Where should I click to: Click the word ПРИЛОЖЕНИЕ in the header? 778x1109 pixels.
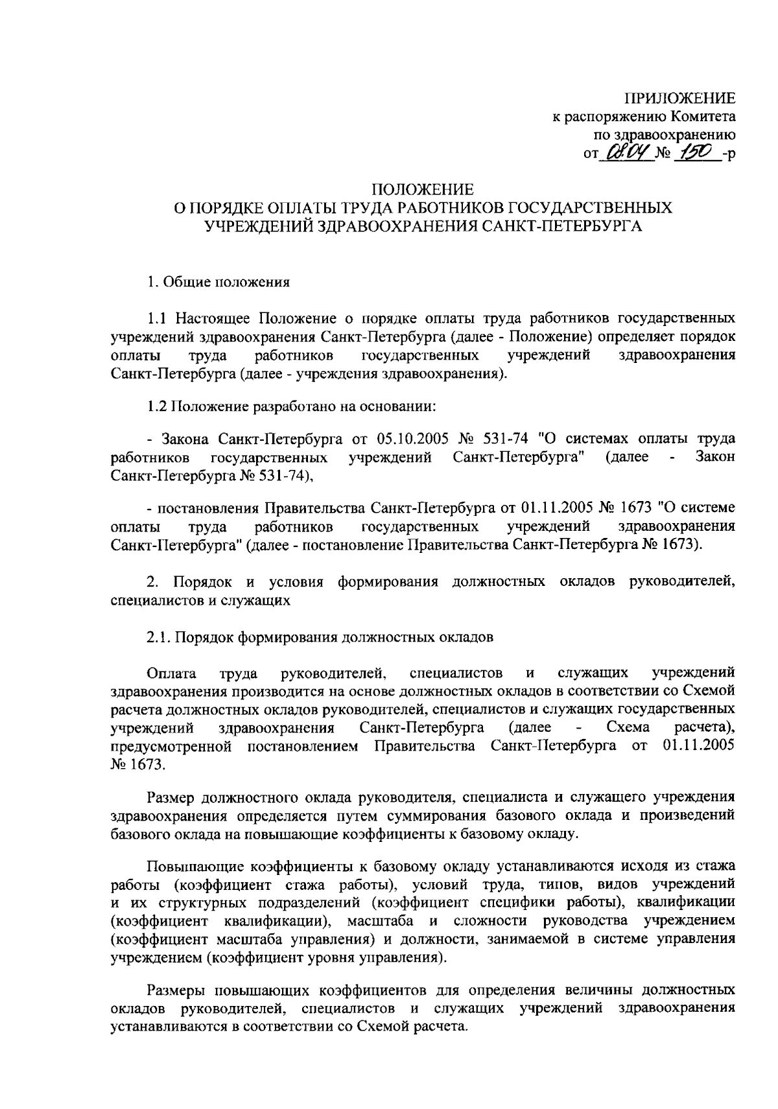click(679, 99)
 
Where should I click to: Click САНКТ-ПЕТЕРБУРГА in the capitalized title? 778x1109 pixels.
click(565, 226)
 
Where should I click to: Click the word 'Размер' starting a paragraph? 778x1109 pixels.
click(172, 797)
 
